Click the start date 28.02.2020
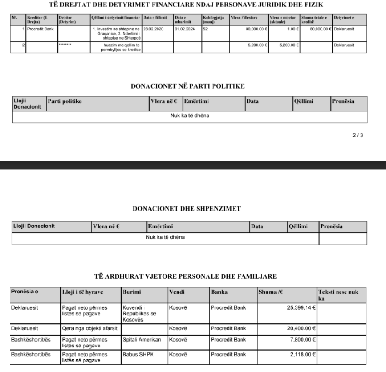152,28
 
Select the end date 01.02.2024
183,28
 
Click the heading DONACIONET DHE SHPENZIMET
186,208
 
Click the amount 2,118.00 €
303,352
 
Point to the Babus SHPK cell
136,352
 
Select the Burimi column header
131,292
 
